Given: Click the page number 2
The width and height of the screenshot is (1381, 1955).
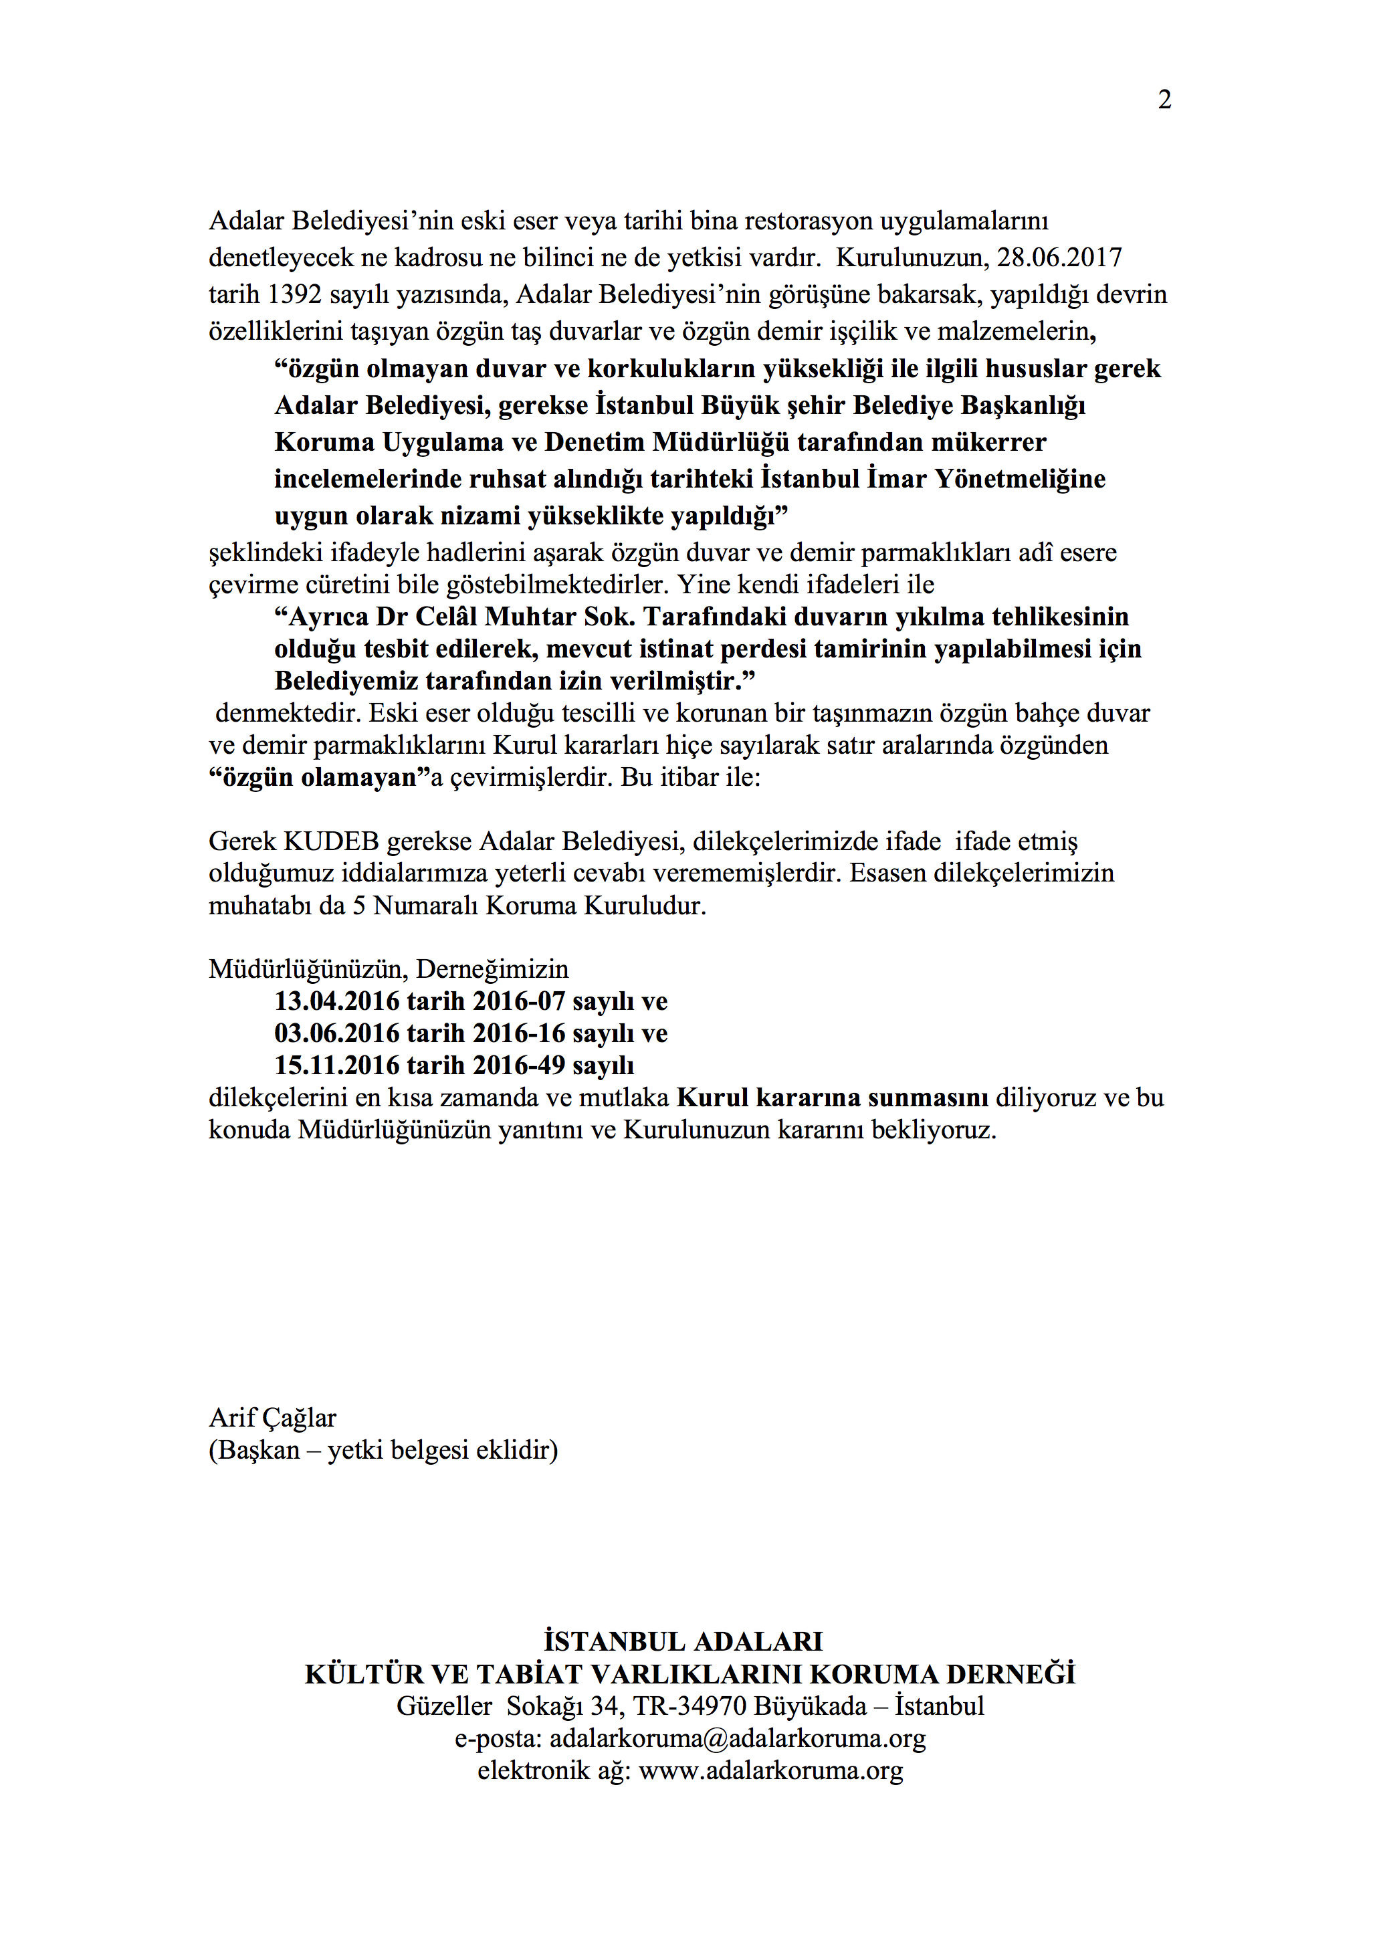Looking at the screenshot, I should (x=1164, y=100).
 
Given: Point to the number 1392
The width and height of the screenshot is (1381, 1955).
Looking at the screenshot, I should (x=294, y=294).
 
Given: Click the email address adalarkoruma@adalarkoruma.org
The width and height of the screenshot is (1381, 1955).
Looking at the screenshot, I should (x=738, y=1739).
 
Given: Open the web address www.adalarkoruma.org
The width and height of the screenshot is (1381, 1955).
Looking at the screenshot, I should (x=770, y=1771).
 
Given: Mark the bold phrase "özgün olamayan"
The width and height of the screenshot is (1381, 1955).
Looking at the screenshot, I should (x=319, y=777).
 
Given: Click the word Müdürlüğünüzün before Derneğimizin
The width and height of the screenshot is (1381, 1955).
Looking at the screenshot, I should (x=305, y=969).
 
